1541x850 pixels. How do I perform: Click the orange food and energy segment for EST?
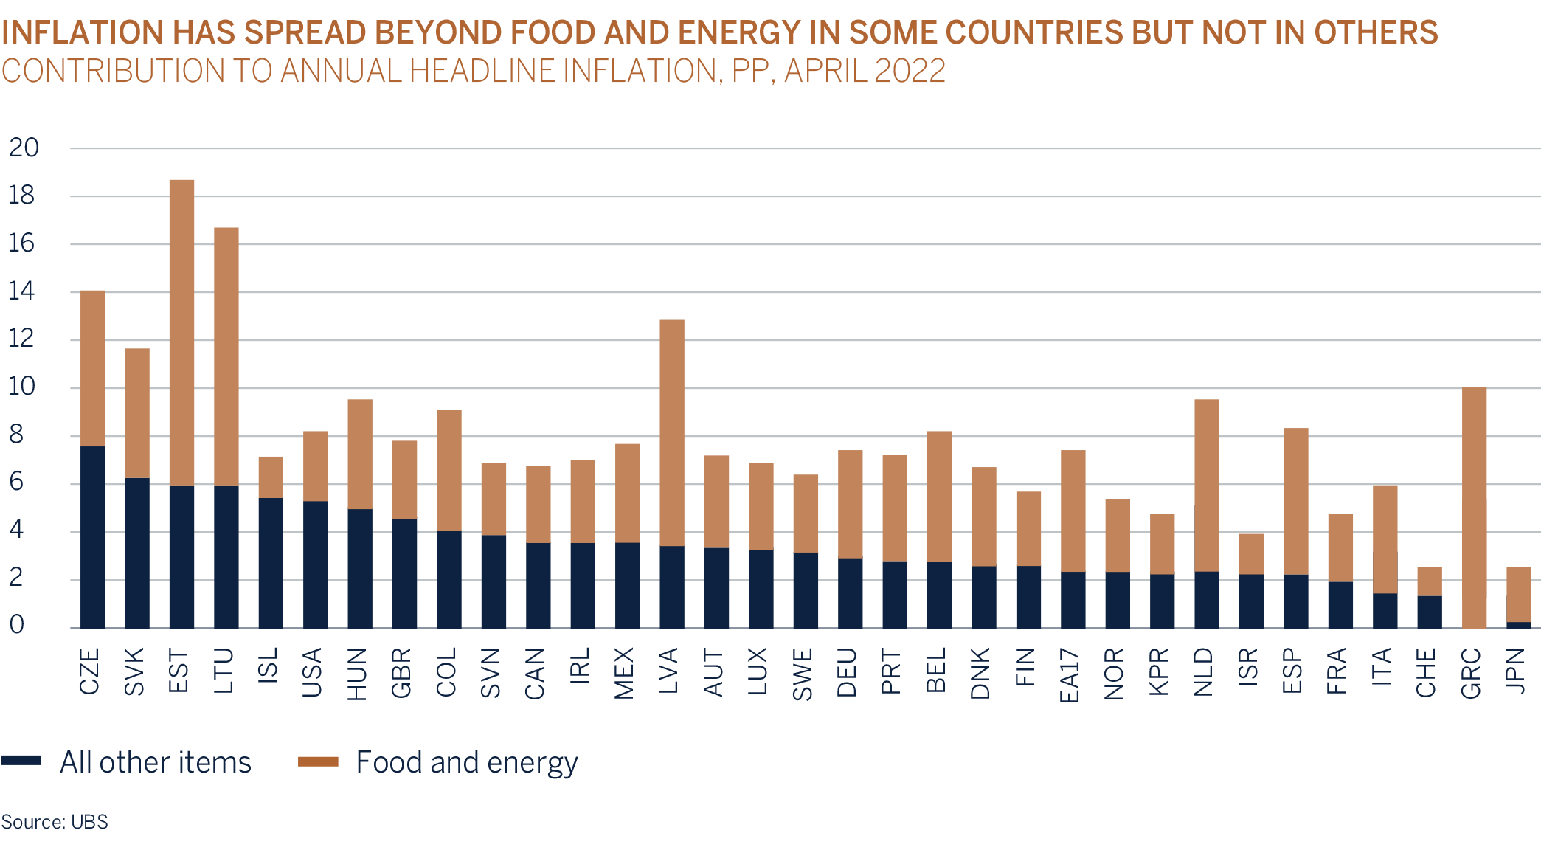(181, 332)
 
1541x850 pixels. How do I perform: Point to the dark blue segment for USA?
(316, 564)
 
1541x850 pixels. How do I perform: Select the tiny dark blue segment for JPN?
(1518, 625)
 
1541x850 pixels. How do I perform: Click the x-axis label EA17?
(1070, 675)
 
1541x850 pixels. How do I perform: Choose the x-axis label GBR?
(401, 672)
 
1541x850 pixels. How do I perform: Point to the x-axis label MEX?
(624, 672)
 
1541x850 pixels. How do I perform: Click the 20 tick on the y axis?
(24, 148)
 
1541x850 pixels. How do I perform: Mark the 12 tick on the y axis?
(22, 339)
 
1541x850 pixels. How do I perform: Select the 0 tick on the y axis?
(17, 626)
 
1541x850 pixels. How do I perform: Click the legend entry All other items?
(155, 762)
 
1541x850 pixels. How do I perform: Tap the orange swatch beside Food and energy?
(318, 762)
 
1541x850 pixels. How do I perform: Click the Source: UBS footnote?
(55, 821)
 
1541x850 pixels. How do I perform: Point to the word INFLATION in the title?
(83, 33)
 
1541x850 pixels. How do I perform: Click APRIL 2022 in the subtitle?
(865, 72)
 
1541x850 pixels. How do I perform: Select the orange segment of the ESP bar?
(1295, 501)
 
